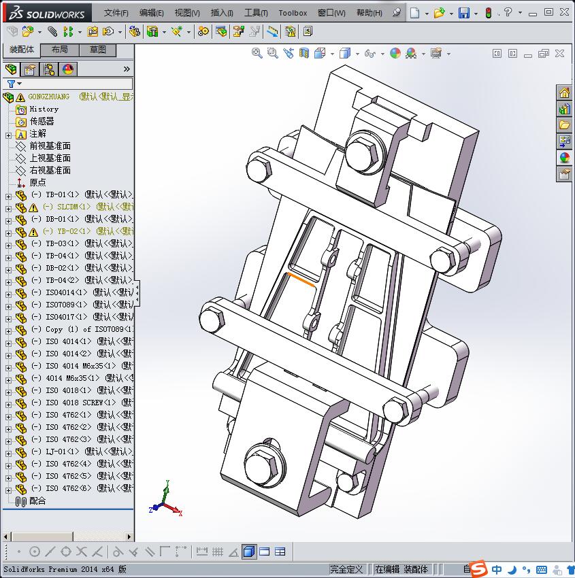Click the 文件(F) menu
pyautogui.click(x=116, y=13)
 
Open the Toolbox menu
pyautogui.click(x=293, y=13)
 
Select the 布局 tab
pyautogui.click(x=59, y=50)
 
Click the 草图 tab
pyautogui.click(x=97, y=50)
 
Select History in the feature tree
pyautogui.click(x=44, y=109)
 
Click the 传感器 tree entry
pyautogui.click(x=42, y=121)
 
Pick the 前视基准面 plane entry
pyautogui.click(x=50, y=146)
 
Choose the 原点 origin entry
pyautogui.click(x=37, y=182)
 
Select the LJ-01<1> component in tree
pyautogui.click(x=65, y=452)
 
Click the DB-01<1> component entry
pyautogui.click(x=65, y=219)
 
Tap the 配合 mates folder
pyautogui.click(x=37, y=500)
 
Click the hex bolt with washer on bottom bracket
pyautogui.click(x=261, y=466)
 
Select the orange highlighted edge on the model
pyautogui.click(x=301, y=279)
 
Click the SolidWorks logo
pyautogui.click(x=46, y=13)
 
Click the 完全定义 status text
pyautogui.click(x=347, y=569)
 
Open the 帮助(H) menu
pyautogui.click(x=369, y=13)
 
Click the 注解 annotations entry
pyautogui.click(x=37, y=133)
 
